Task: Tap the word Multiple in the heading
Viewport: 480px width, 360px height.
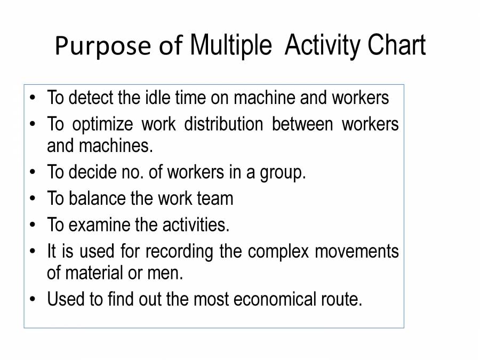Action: click(230, 46)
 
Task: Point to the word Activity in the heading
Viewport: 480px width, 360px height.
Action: click(322, 46)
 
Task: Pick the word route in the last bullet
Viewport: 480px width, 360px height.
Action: click(343, 299)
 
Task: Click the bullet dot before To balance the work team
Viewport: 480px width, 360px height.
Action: click(34, 198)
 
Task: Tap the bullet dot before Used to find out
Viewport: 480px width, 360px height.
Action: click(34, 299)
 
